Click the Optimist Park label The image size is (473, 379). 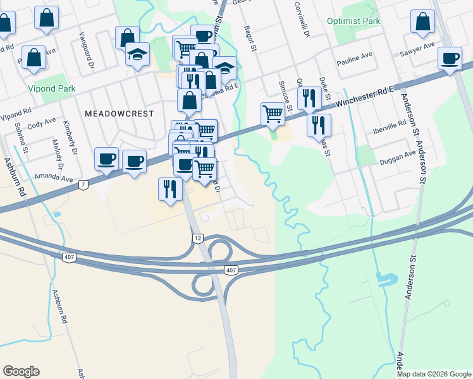coord(353,21)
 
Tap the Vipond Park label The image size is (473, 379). coord(51,89)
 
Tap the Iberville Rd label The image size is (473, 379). coord(390,126)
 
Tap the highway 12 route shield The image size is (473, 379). coord(197,237)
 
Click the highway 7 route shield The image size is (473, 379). coord(83,184)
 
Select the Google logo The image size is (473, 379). coord(21,371)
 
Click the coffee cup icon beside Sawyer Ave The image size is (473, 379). coord(450,59)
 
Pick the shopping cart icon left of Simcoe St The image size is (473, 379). coord(273,114)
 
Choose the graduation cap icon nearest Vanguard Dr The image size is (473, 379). coord(137,55)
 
